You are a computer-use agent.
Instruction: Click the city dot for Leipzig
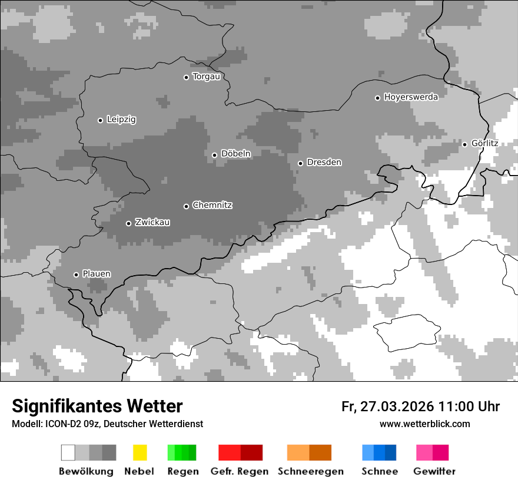click(x=100, y=120)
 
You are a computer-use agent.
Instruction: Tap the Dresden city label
click(x=324, y=162)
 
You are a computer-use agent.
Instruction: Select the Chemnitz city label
click(x=212, y=205)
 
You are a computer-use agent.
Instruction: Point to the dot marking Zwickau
click(x=128, y=223)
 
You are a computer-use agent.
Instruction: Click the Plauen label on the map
click(x=96, y=274)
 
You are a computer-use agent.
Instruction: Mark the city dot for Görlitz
click(x=464, y=144)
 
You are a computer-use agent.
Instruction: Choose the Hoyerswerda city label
click(x=411, y=97)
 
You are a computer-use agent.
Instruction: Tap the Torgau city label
click(x=206, y=77)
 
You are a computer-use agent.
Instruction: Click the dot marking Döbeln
click(x=214, y=155)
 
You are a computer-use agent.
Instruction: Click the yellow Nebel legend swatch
click(x=140, y=452)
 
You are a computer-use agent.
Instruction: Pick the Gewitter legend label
click(x=434, y=471)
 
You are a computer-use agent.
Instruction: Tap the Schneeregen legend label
click(x=311, y=471)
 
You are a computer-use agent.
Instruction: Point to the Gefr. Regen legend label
click(x=240, y=471)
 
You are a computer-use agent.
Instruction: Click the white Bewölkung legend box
click(x=68, y=452)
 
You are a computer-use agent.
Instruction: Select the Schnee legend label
click(x=380, y=471)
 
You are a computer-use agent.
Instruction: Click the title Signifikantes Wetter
click(x=97, y=406)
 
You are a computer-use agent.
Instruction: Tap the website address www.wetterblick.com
click(x=425, y=424)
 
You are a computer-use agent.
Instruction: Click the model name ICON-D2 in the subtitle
click(x=59, y=424)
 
